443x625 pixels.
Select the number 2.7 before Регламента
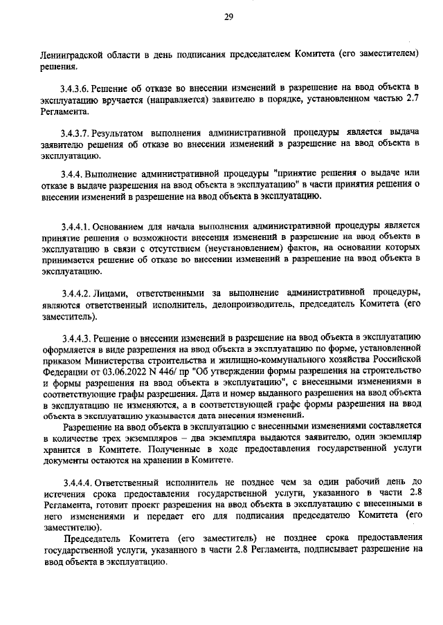pos(413,97)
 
